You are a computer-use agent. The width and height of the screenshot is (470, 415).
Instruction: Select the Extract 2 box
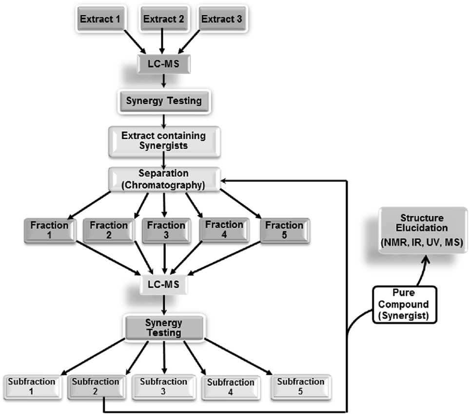pos(163,20)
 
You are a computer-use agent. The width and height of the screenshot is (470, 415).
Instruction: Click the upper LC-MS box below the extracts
pos(163,63)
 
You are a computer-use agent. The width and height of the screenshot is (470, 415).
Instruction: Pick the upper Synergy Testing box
pos(164,101)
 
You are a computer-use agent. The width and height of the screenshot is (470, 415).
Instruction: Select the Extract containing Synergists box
pos(164,140)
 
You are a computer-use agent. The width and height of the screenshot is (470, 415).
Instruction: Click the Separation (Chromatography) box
pos(164,180)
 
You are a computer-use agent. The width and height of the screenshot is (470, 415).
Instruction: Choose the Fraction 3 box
pos(166,230)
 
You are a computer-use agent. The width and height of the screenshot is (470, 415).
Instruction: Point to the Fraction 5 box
pos(284,230)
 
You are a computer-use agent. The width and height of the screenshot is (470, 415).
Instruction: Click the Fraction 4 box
pos(224,230)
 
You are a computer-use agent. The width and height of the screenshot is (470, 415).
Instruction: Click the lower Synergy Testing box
pos(163,327)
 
